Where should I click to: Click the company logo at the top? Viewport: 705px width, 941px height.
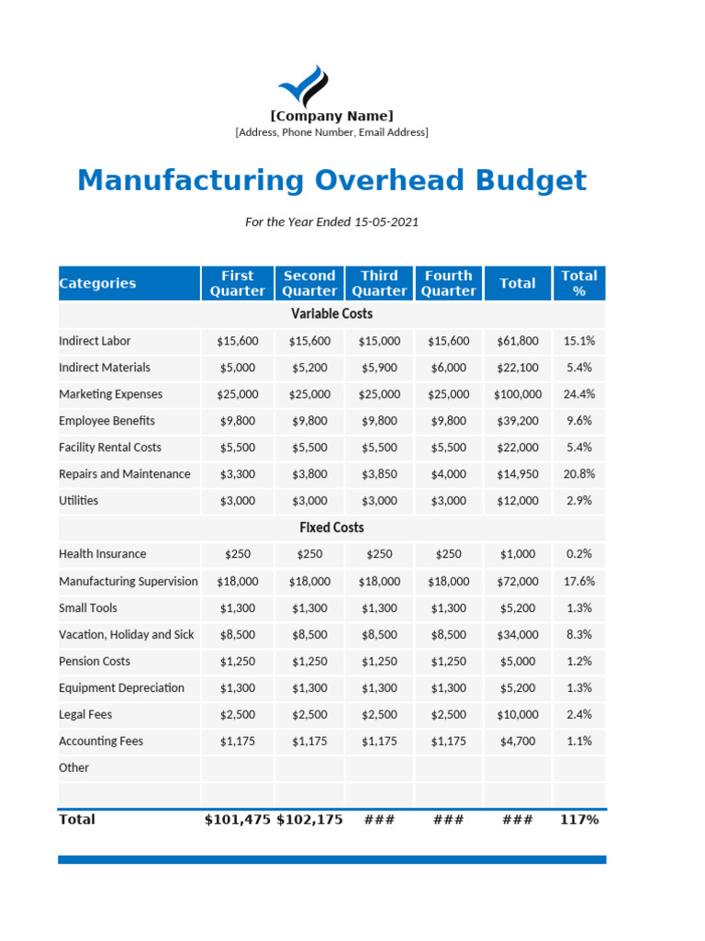tap(303, 86)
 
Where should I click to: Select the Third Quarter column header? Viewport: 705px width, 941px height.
tap(379, 283)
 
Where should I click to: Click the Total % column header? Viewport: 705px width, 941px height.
tap(578, 283)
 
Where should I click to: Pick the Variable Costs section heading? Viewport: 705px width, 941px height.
tap(331, 314)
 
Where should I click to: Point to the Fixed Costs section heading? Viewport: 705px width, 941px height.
tap(331, 527)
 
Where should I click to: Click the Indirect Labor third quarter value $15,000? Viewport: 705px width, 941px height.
tap(379, 341)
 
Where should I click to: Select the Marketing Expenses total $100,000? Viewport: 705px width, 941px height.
tap(518, 394)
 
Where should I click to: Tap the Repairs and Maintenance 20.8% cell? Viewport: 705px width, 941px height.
tap(578, 474)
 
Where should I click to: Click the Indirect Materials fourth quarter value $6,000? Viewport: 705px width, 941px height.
tap(448, 368)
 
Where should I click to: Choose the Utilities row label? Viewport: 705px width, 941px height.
tap(78, 501)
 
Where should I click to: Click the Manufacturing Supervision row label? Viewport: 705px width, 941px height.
tap(128, 582)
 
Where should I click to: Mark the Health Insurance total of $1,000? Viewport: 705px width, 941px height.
tap(518, 554)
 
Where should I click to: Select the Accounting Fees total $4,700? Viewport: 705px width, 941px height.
tap(518, 741)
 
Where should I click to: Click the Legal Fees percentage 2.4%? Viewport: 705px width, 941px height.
tap(578, 714)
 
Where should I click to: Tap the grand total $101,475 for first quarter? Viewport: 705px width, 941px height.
tap(237, 820)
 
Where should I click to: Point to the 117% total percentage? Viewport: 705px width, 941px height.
tap(578, 820)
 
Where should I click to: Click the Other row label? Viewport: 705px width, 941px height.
tap(73, 767)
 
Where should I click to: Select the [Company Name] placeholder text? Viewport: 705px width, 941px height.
tap(331, 116)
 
